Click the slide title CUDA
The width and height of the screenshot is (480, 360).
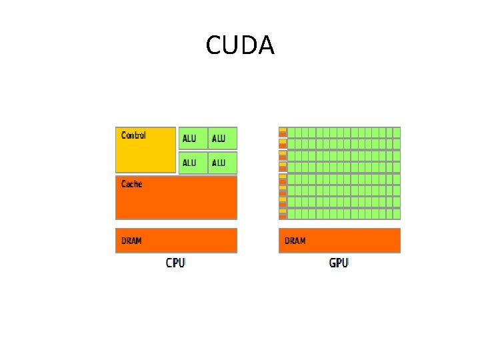pos(240,45)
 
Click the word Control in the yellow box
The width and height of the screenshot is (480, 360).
pos(133,135)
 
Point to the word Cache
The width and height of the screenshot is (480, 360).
pos(131,183)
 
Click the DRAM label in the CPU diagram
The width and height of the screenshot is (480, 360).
pos(131,241)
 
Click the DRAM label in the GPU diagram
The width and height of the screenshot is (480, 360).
pos(295,241)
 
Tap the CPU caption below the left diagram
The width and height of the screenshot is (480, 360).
pos(175,263)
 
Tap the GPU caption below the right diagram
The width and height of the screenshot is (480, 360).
pos(339,263)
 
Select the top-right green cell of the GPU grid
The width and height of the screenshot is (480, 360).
pos(397,132)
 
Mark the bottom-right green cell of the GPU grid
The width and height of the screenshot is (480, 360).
pos(397,214)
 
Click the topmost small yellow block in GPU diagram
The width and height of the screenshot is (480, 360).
pos(283,129)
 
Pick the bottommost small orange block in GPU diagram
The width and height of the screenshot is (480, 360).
pos(283,217)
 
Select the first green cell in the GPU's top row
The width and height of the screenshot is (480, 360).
pos(291,132)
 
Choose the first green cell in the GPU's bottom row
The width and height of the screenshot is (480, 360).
pos(291,214)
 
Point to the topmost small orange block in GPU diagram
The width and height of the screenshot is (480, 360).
pos(283,134)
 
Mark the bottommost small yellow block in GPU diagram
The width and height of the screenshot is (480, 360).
pos(283,211)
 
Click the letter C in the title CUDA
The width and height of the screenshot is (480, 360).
pos(215,45)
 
